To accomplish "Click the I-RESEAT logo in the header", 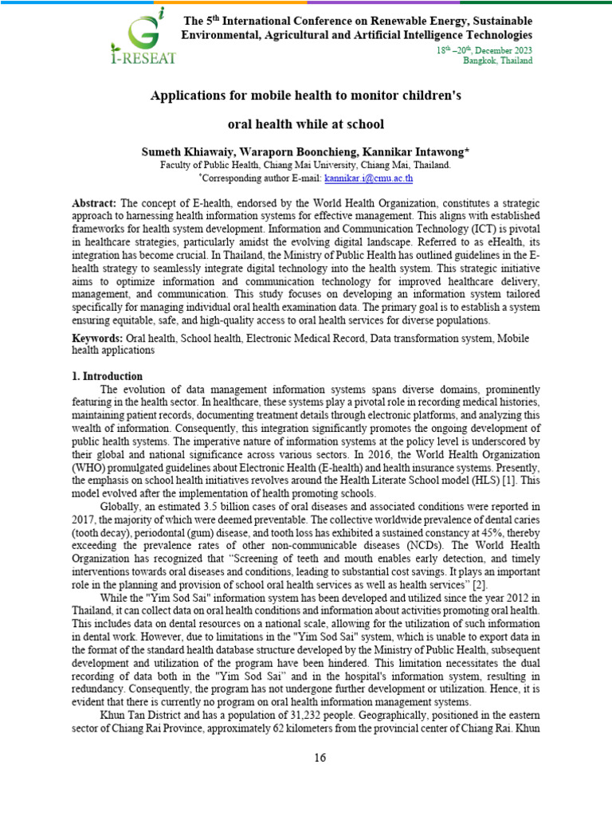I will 148,36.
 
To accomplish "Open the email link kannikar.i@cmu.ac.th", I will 369,177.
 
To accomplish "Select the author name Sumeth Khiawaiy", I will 188,151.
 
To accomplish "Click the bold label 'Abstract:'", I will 94,204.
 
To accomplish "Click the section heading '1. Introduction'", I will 108,376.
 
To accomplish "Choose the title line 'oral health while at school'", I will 306,124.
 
